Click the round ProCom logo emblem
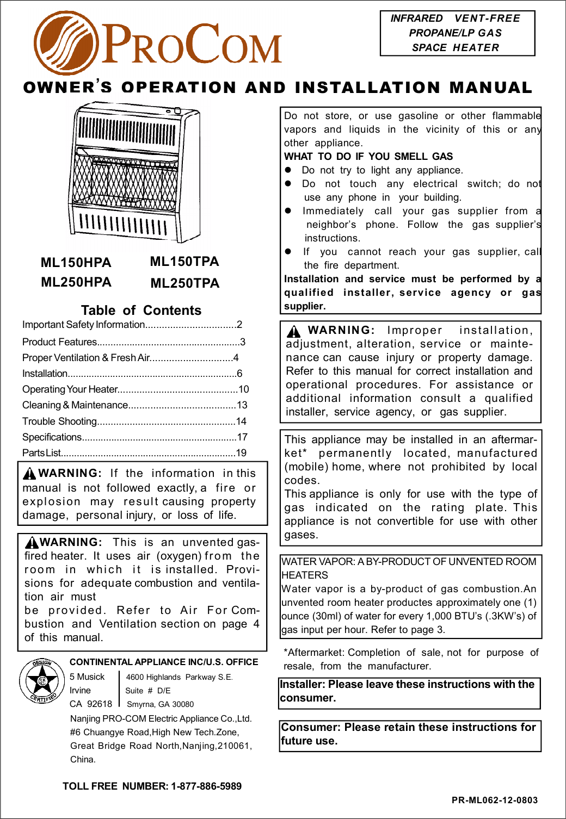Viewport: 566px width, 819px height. [66, 43]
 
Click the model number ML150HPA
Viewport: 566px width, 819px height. [76, 263]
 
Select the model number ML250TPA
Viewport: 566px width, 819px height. [184, 283]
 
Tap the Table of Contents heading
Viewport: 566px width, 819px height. [141, 311]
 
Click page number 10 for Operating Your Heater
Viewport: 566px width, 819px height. [243, 389]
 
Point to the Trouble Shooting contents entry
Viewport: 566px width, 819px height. [59, 421]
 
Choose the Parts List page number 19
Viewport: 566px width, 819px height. [241, 453]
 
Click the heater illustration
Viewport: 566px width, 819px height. [130, 174]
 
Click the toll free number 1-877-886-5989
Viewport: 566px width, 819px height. [206, 786]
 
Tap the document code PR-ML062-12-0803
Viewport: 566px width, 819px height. [494, 800]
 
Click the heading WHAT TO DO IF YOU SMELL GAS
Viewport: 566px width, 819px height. [368, 157]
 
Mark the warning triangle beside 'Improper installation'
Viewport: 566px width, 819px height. [294, 331]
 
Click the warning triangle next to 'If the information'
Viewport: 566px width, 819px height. [30, 474]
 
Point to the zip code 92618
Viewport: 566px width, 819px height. [100, 704]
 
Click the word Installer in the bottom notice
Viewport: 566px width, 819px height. [302, 684]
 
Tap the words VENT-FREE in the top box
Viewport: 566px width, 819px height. [487, 18]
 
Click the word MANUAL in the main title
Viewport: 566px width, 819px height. [490, 88]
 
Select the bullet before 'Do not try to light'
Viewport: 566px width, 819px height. [289, 170]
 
